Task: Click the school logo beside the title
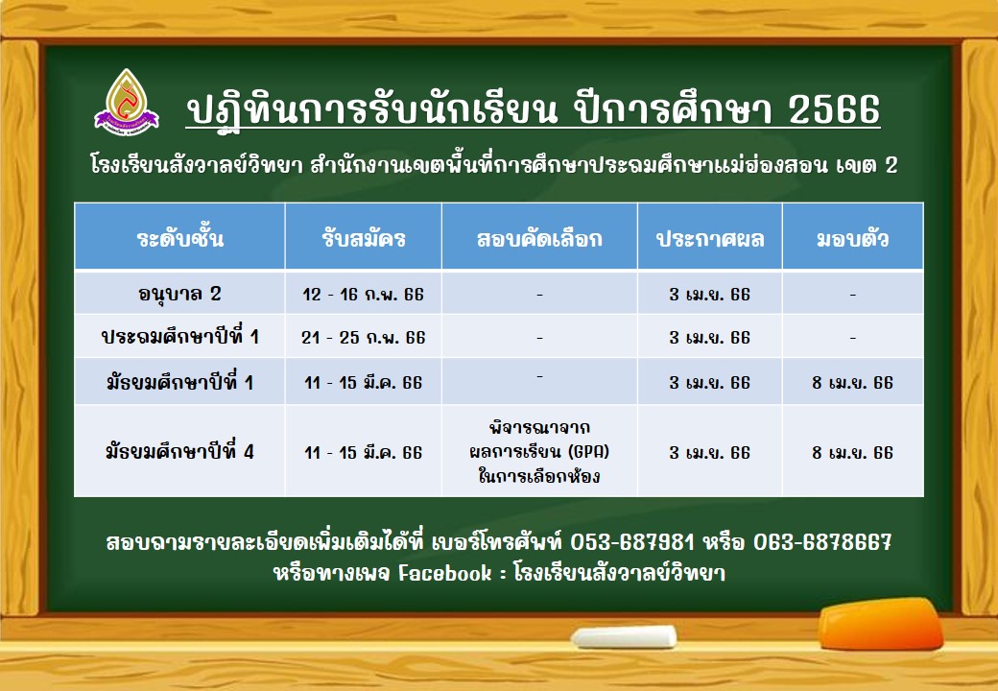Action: click(127, 102)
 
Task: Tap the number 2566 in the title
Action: click(834, 109)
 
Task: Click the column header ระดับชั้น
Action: click(180, 239)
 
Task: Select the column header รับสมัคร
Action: click(364, 239)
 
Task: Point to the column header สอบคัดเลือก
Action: click(539, 239)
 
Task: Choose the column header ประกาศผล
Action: click(710, 239)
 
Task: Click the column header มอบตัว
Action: click(852, 239)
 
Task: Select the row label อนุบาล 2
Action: click(179, 294)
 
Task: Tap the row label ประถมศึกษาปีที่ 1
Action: click(180, 336)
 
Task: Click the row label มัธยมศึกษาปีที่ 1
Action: click(180, 382)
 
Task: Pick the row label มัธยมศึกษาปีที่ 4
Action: click(180, 452)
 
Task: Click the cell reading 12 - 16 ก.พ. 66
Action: click(364, 295)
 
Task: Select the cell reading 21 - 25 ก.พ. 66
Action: click(364, 337)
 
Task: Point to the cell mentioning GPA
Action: click(539, 451)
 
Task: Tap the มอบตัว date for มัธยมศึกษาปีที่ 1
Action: click(852, 382)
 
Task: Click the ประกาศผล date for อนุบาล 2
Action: click(710, 295)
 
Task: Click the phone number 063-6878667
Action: click(822, 542)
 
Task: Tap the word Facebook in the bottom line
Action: click(445, 573)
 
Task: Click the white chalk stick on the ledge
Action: click(624, 636)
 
